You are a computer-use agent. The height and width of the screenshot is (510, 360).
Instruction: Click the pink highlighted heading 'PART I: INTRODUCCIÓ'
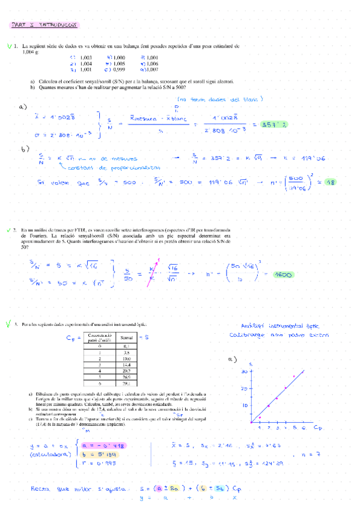tap(45, 25)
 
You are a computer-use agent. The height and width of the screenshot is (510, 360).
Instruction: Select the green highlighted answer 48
tap(330, 182)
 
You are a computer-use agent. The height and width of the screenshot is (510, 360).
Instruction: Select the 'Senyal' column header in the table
tap(126, 339)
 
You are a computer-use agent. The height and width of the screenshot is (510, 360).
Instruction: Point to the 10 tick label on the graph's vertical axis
tap(245, 405)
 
